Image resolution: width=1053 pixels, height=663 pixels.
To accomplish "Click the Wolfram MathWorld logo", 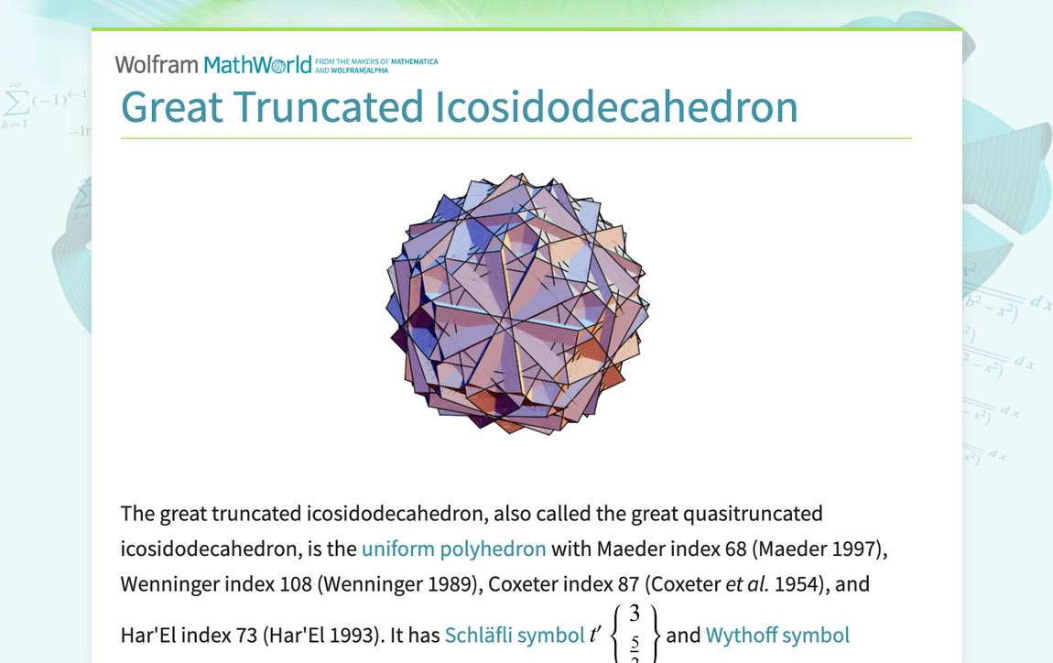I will coord(212,64).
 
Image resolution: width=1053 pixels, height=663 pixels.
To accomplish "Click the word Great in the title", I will coord(172,107).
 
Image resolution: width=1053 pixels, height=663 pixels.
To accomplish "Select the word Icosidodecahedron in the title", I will coord(615,107).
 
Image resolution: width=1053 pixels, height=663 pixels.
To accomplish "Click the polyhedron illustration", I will coord(518,303).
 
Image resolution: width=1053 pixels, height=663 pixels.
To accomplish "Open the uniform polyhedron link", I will coord(453,549).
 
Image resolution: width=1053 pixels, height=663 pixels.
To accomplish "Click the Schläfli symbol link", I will coord(515,635).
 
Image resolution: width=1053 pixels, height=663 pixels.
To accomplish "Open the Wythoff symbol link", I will coord(777,635).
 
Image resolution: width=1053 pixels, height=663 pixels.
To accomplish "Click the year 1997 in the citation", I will coord(854,549).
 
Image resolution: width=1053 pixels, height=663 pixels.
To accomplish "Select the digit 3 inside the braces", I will coord(635,614).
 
